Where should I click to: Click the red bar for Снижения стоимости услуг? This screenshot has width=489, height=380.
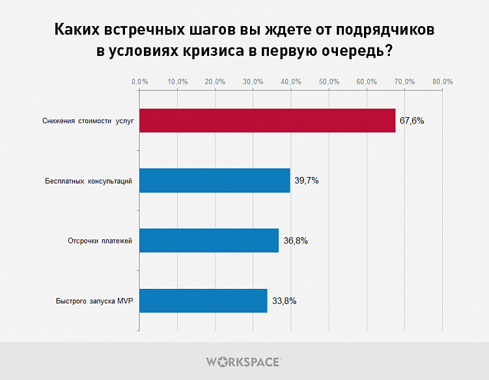267,120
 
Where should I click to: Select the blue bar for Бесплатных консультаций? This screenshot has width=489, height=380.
214,180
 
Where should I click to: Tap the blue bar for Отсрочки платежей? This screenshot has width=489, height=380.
209,240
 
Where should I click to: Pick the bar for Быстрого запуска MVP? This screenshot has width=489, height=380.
203,301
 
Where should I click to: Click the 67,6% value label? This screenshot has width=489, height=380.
412,120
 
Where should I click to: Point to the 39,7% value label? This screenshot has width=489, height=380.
306,180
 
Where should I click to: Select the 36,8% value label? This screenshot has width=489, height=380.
295,240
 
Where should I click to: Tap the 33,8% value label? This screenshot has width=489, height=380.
284,301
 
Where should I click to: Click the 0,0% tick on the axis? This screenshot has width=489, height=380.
139,81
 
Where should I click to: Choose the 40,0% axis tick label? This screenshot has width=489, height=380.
291,81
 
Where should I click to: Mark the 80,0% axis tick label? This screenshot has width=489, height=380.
443,81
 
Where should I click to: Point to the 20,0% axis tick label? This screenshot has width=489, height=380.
215,81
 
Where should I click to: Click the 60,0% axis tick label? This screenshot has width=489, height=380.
367,81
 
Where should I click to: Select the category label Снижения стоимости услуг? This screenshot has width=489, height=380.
88,121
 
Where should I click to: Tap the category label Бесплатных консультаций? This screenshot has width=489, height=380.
89,181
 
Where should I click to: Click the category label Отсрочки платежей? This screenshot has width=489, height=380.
100,241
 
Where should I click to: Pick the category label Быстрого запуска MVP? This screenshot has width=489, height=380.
94,301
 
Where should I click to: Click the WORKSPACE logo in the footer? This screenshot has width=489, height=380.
244,361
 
